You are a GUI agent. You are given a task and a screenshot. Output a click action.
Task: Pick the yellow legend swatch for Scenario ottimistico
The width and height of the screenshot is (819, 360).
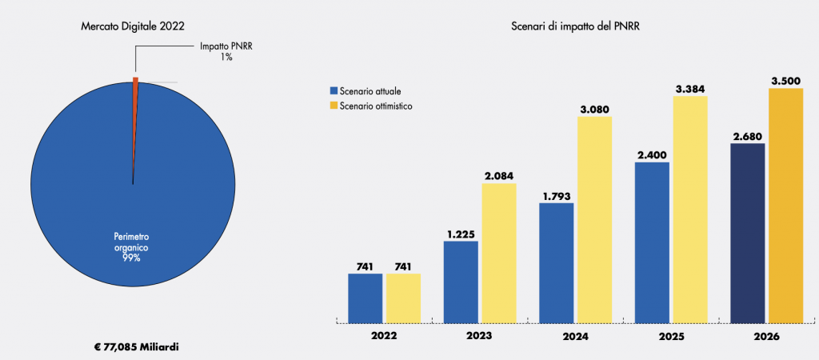click(334, 106)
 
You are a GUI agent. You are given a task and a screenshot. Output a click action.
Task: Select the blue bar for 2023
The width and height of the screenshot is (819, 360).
click(461, 282)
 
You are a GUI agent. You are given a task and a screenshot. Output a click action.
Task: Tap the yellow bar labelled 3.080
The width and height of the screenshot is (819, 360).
click(594, 219)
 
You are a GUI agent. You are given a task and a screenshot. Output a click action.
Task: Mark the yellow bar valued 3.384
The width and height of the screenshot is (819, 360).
click(690, 210)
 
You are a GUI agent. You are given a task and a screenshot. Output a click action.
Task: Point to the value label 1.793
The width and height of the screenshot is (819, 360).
click(557, 194)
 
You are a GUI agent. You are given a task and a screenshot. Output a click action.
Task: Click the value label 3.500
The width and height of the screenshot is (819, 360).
click(785, 80)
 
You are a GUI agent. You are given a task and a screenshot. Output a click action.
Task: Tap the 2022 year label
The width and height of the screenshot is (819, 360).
click(384, 337)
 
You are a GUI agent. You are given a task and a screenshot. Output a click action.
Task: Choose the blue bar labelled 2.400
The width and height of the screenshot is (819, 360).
click(652, 242)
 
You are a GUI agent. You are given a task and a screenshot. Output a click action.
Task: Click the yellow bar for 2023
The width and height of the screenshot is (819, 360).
click(499, 253)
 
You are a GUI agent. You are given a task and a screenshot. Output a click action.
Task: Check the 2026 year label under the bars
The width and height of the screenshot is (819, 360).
click(766, 337)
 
